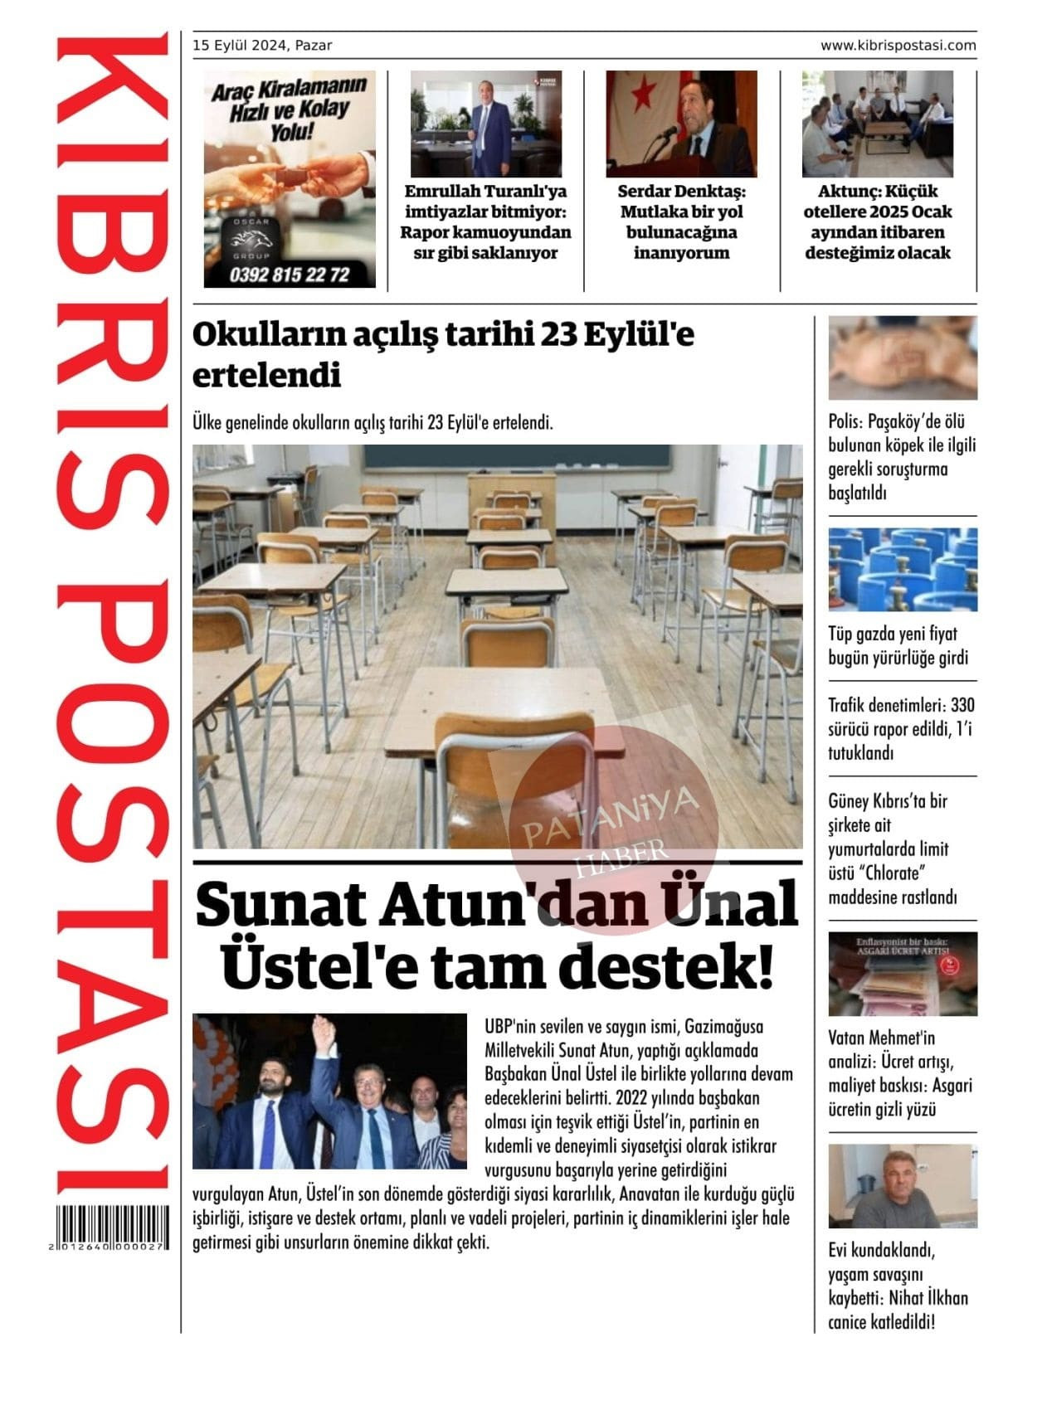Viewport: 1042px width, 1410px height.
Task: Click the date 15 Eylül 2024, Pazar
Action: tap(262, 46)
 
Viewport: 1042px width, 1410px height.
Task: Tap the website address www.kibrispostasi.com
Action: tap(898, 46)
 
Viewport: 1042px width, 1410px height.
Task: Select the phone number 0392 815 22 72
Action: tap(289, 275)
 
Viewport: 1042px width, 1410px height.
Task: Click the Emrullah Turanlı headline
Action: tap(485, 222)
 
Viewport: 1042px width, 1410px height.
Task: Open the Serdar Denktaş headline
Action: tap(681, 222)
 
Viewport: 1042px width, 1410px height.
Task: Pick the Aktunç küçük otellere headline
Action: tap(878, 222)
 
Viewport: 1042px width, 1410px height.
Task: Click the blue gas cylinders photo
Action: tap(903, 570)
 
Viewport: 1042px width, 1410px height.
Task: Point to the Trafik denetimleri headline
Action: tap(901, 729)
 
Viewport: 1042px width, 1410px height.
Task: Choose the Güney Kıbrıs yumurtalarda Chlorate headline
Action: tap(893, 849)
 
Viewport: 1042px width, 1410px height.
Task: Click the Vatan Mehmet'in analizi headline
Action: tap(899, 1073)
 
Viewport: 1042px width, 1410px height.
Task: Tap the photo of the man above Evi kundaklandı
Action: tap(903, 1186)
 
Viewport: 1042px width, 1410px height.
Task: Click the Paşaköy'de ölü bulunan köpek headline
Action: tap(901, 457)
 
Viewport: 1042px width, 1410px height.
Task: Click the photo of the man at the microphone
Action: tap(681, 124)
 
